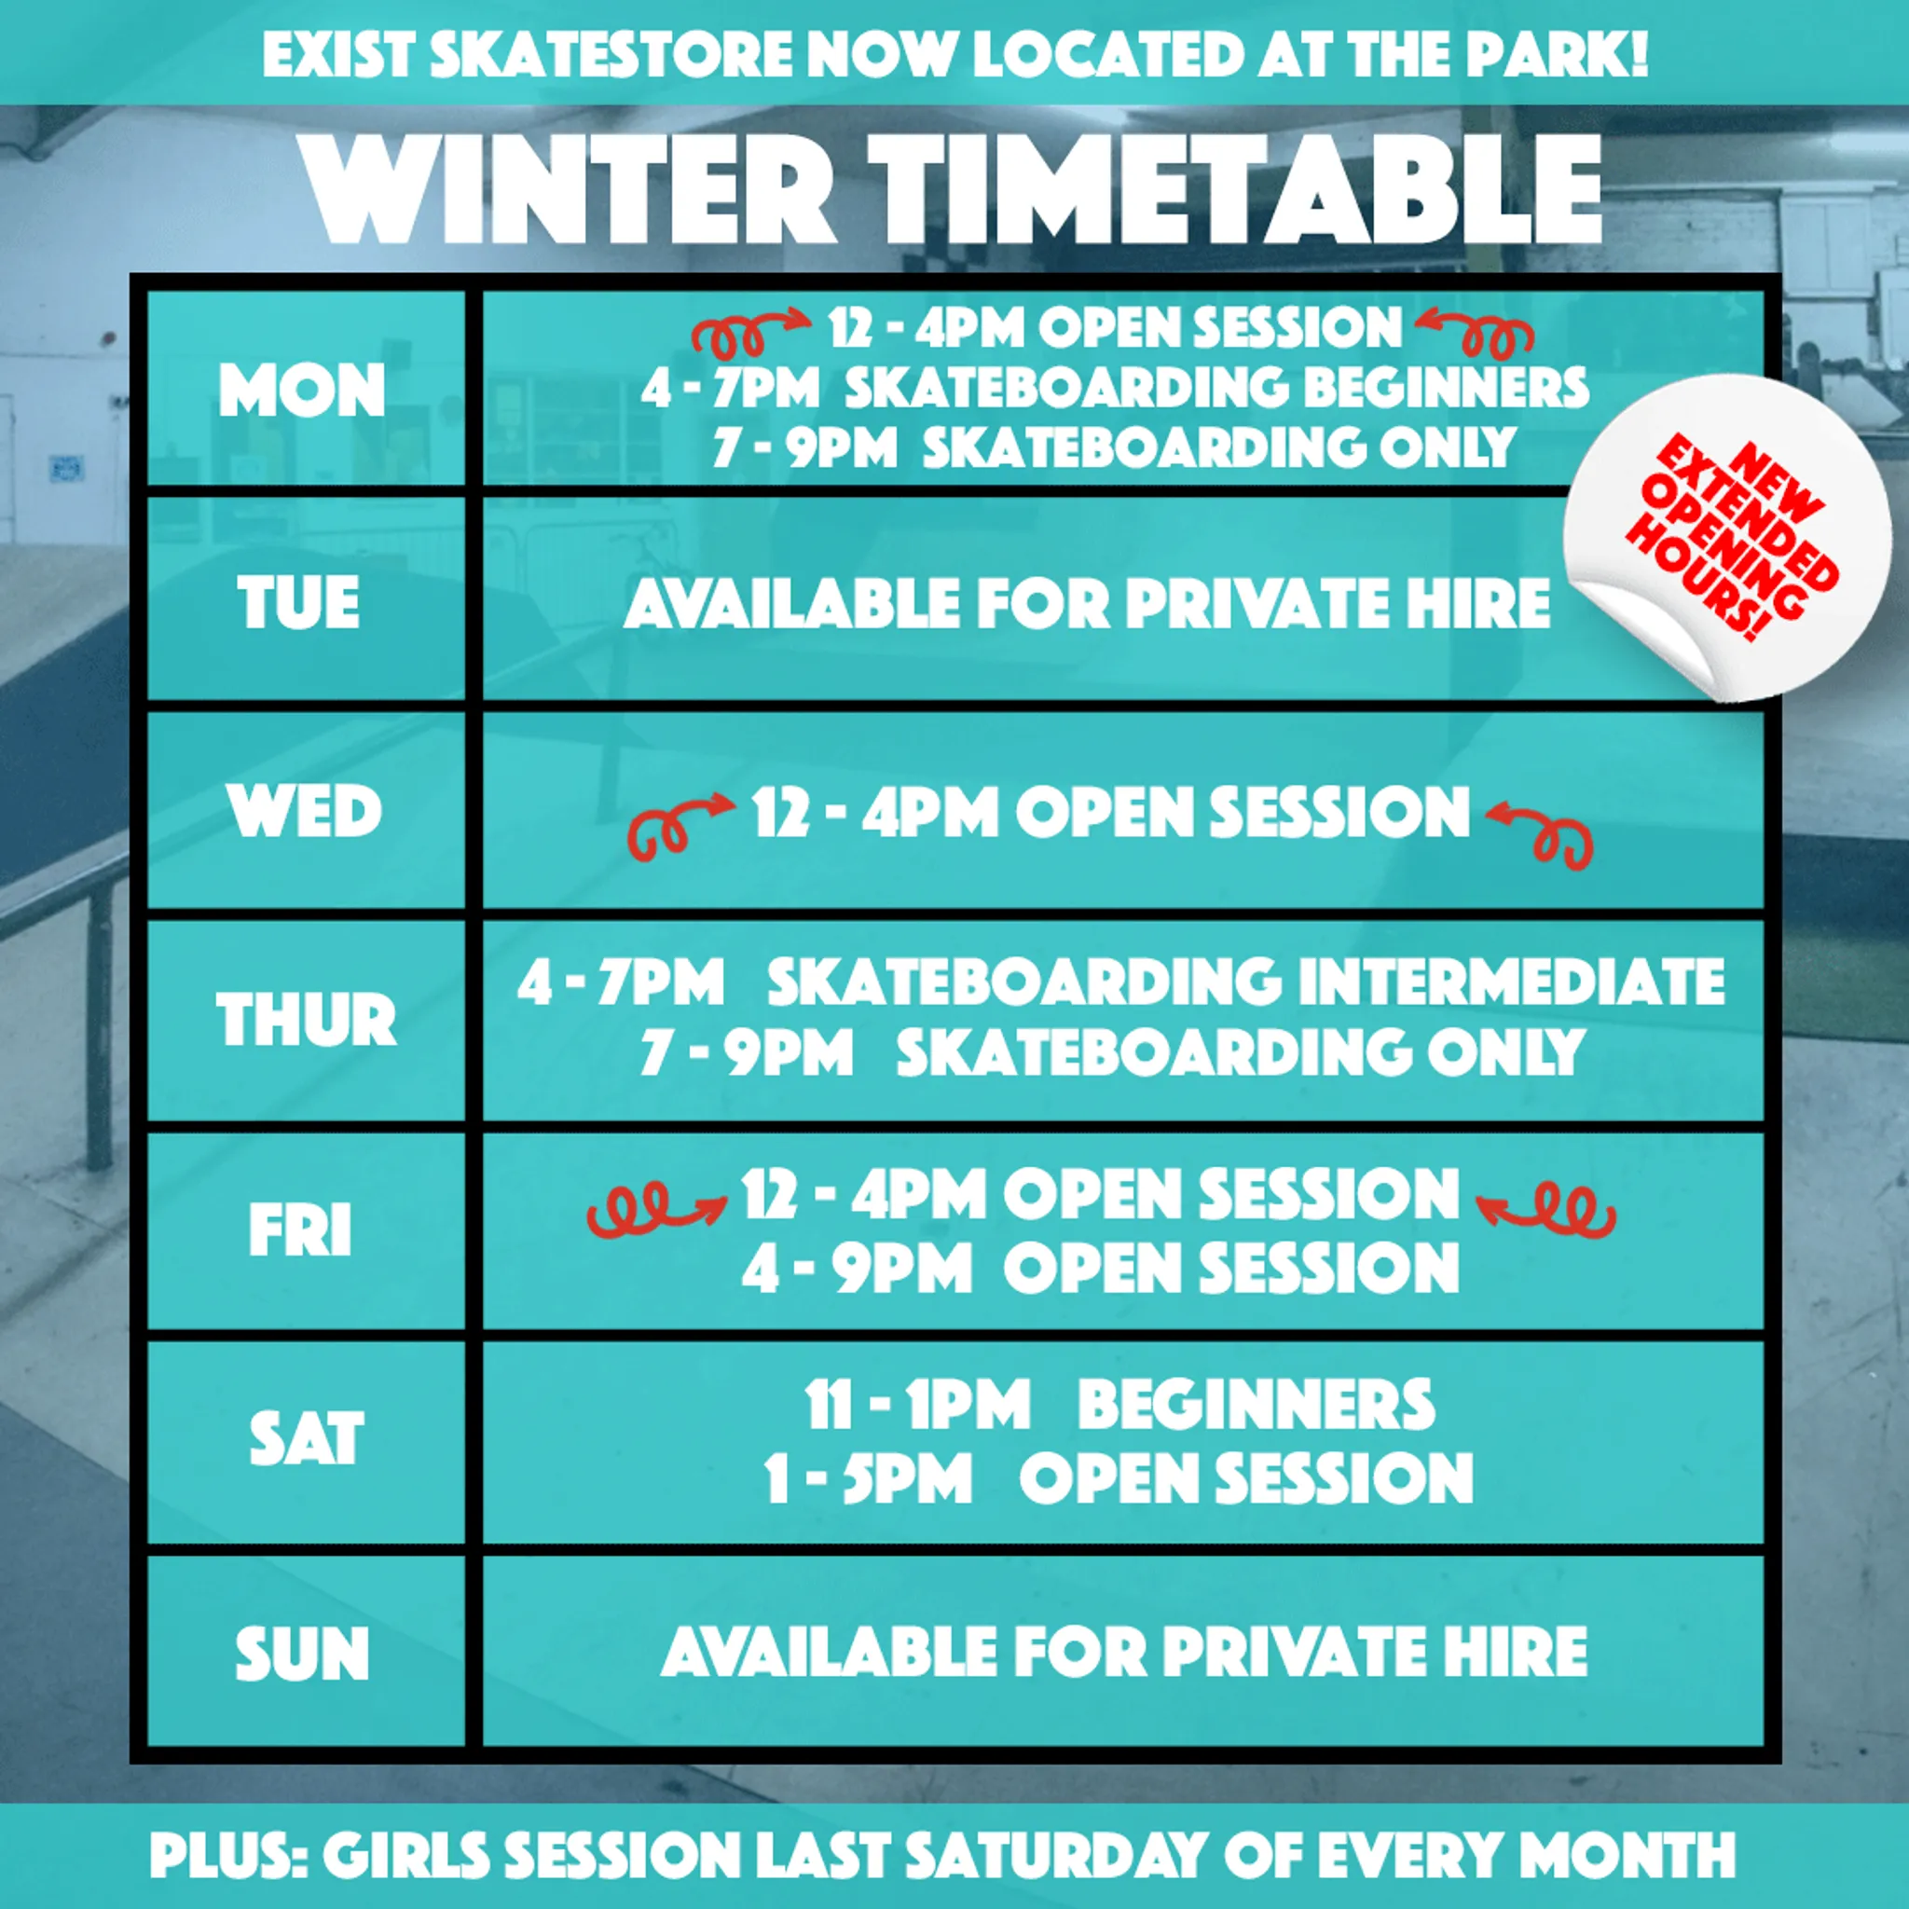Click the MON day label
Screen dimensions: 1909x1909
click(x=301, y=391)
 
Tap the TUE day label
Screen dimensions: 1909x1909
click(x=298, y=602)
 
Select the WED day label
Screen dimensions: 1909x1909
click(x=304, y=811)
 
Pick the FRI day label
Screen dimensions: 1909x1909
click(x=300, y=1231)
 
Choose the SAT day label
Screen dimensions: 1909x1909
click(x=307, y=1438)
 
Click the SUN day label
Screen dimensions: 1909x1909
click(x=302, y=1653)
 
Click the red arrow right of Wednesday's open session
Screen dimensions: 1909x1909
click(x=1538, y=836)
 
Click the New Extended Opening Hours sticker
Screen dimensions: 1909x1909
click(x=1731, y=540)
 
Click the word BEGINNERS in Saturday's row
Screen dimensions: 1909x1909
click(x=1256, y=1404)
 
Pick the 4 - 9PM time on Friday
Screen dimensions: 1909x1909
click(x=858, y=1268)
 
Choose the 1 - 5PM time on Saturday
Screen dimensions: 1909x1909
click(x=870, y=1478)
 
